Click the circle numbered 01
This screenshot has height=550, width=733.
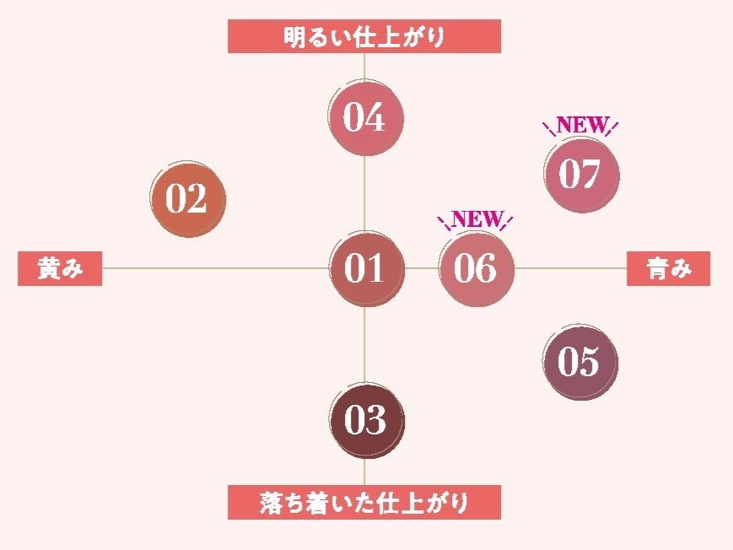point(364,268)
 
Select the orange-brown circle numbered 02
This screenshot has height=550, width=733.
point(186,201)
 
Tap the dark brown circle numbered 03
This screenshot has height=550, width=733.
point(365,420)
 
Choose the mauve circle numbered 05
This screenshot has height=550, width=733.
point(579,362)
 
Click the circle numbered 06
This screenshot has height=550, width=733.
point(476,268)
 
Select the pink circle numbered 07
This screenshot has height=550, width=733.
point(580,175)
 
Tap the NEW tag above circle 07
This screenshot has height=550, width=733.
point(581,126)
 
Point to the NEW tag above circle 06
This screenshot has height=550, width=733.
point(476,219)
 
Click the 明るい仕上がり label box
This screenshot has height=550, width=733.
point(364,38)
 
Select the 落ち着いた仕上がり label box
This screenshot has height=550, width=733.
point(364,504)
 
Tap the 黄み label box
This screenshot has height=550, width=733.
point(60,270)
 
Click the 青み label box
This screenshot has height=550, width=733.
point(668,270)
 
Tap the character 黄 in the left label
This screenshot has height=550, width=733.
point(48,270)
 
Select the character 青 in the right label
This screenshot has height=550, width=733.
point(657,270)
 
